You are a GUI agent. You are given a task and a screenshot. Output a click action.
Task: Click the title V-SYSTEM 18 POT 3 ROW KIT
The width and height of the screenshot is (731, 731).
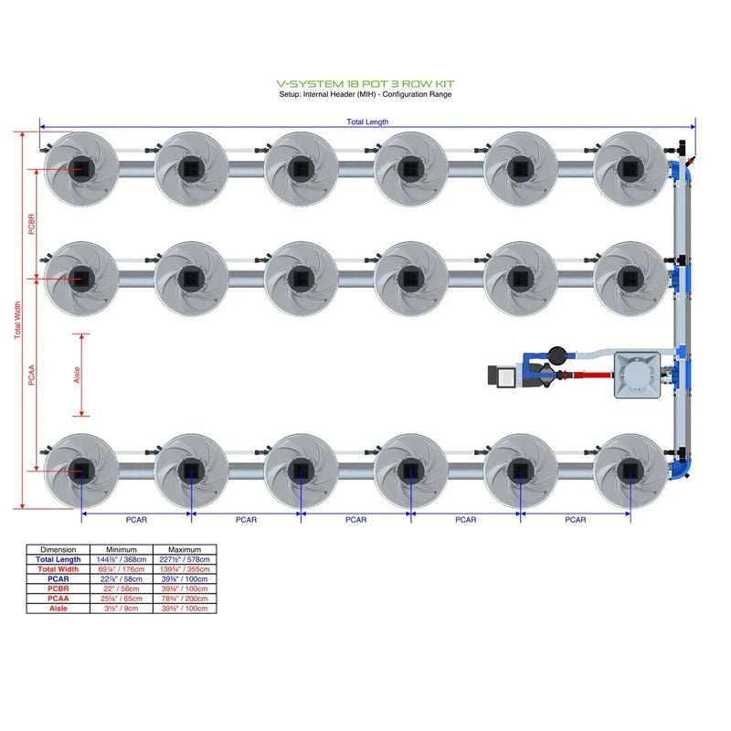click(365, 83)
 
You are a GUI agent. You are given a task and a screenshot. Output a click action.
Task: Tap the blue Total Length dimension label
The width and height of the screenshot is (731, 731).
click(366, 122)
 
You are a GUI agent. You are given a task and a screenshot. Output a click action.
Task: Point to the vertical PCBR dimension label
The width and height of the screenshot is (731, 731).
click(32, 224)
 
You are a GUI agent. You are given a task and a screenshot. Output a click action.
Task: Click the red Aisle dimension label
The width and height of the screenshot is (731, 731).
click(77, 375)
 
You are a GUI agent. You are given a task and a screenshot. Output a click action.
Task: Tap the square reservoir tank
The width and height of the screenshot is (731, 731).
click(638, 375)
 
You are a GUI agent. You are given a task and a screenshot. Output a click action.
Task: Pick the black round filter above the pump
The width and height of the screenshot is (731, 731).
click(556, 354)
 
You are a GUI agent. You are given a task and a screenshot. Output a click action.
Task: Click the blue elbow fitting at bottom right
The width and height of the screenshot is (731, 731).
click(683, 467)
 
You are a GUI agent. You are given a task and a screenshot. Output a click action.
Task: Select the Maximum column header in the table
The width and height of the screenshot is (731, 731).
click(185, 549)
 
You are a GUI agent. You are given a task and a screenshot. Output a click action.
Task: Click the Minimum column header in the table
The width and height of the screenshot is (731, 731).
click(122, 549)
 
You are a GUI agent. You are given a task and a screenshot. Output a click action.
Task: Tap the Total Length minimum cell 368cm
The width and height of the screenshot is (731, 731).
click(122, 559)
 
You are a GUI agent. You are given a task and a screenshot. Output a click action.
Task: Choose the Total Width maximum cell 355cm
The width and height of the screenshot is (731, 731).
click(185, 569)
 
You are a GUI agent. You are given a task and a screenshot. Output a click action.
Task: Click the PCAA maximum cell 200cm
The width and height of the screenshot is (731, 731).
click(185, 599)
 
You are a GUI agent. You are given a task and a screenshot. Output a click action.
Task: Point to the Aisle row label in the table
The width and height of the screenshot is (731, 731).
click(58, 608)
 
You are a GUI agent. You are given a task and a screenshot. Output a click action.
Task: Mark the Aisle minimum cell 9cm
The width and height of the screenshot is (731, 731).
click(122, 608)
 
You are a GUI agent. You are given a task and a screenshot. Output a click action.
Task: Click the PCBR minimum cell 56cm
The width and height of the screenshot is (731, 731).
click(122, 588)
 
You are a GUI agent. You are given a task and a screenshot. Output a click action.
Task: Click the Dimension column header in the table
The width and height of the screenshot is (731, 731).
click(58, 549)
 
